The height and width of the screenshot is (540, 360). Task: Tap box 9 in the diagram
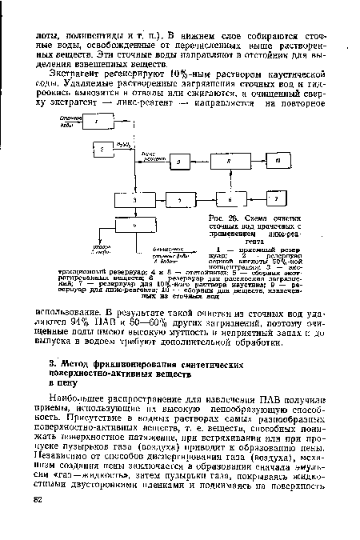[x=178, y=162]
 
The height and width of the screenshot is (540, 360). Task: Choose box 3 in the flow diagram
[x=132, y=197]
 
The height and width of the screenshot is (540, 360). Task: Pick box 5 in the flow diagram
[x=180, y=197]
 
